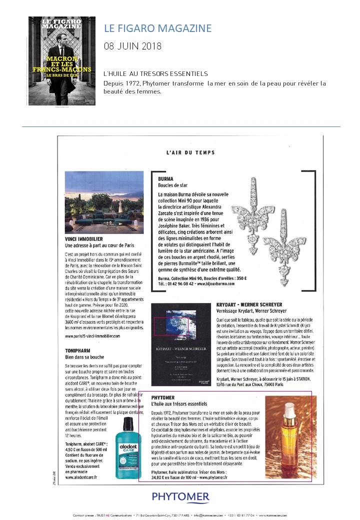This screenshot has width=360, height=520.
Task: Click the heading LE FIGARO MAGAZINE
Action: tap(157, 28)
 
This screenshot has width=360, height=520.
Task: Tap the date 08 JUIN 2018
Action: tap(132, 46)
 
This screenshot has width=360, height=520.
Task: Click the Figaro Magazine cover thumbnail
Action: tap(62, 60)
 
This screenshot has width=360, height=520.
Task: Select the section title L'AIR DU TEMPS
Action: tap(190, 152)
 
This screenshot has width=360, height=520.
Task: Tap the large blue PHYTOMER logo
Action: tap(180, 496)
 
